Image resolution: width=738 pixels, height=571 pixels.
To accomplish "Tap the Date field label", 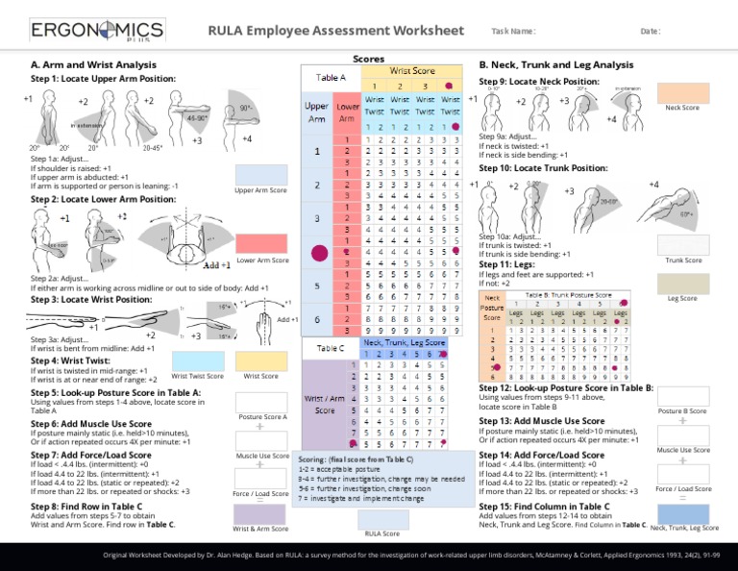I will click(x=651, y=32).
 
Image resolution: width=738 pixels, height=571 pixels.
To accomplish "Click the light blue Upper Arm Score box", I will click(x=260, y=173).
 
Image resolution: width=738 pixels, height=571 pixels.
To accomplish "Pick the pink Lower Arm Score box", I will click(x=260, y=244).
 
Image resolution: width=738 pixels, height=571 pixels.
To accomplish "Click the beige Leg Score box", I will click(x=681, y=283).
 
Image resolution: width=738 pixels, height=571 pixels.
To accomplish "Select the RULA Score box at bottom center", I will click(x=381, y=518).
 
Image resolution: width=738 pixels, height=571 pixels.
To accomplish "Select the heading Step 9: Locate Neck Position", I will click(x=531, y=82).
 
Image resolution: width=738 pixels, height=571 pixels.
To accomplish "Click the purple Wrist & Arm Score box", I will click(x=260, y=513).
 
